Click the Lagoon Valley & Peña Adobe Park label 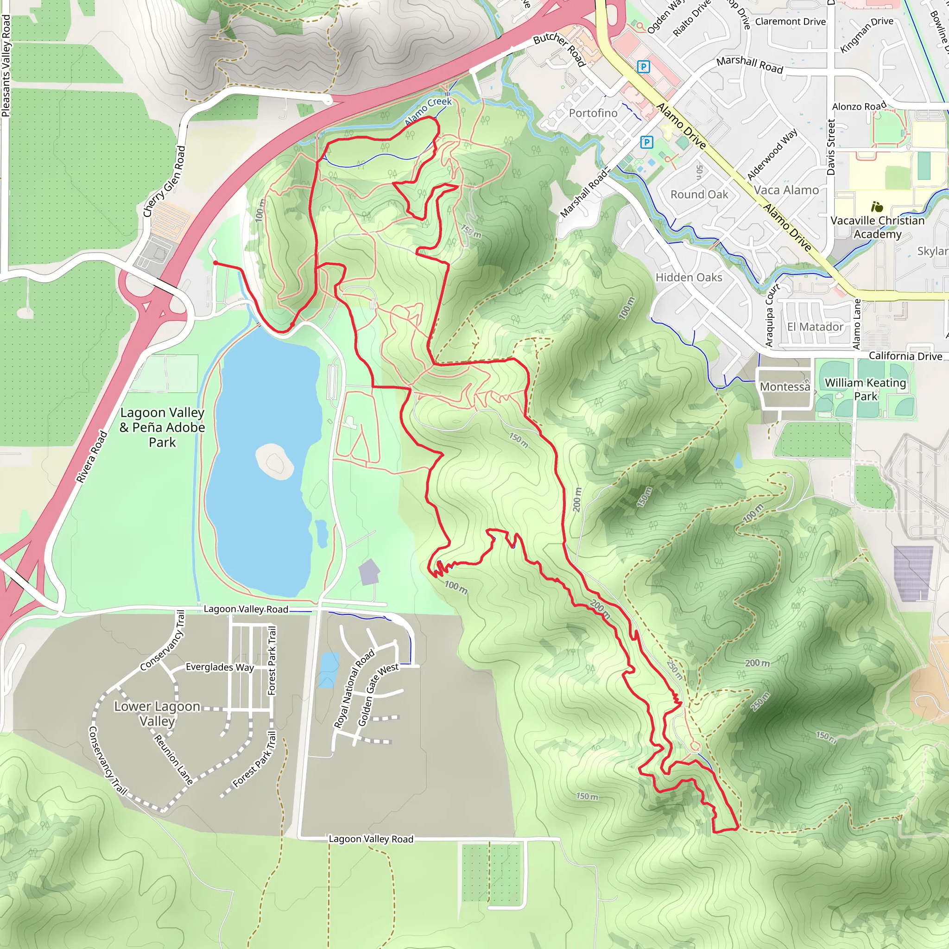162,427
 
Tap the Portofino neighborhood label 593,113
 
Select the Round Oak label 699,195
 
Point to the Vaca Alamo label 786,190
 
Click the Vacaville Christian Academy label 877,227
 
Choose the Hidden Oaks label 689,278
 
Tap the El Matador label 815,327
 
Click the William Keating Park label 865,389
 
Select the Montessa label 785,386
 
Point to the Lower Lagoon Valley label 157,713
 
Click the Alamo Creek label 428,111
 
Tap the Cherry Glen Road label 164,181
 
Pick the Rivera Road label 91,456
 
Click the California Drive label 905,356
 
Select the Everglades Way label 220,667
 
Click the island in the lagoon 275,462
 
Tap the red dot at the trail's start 215,263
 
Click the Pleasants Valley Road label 6,66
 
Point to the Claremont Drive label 791,22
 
